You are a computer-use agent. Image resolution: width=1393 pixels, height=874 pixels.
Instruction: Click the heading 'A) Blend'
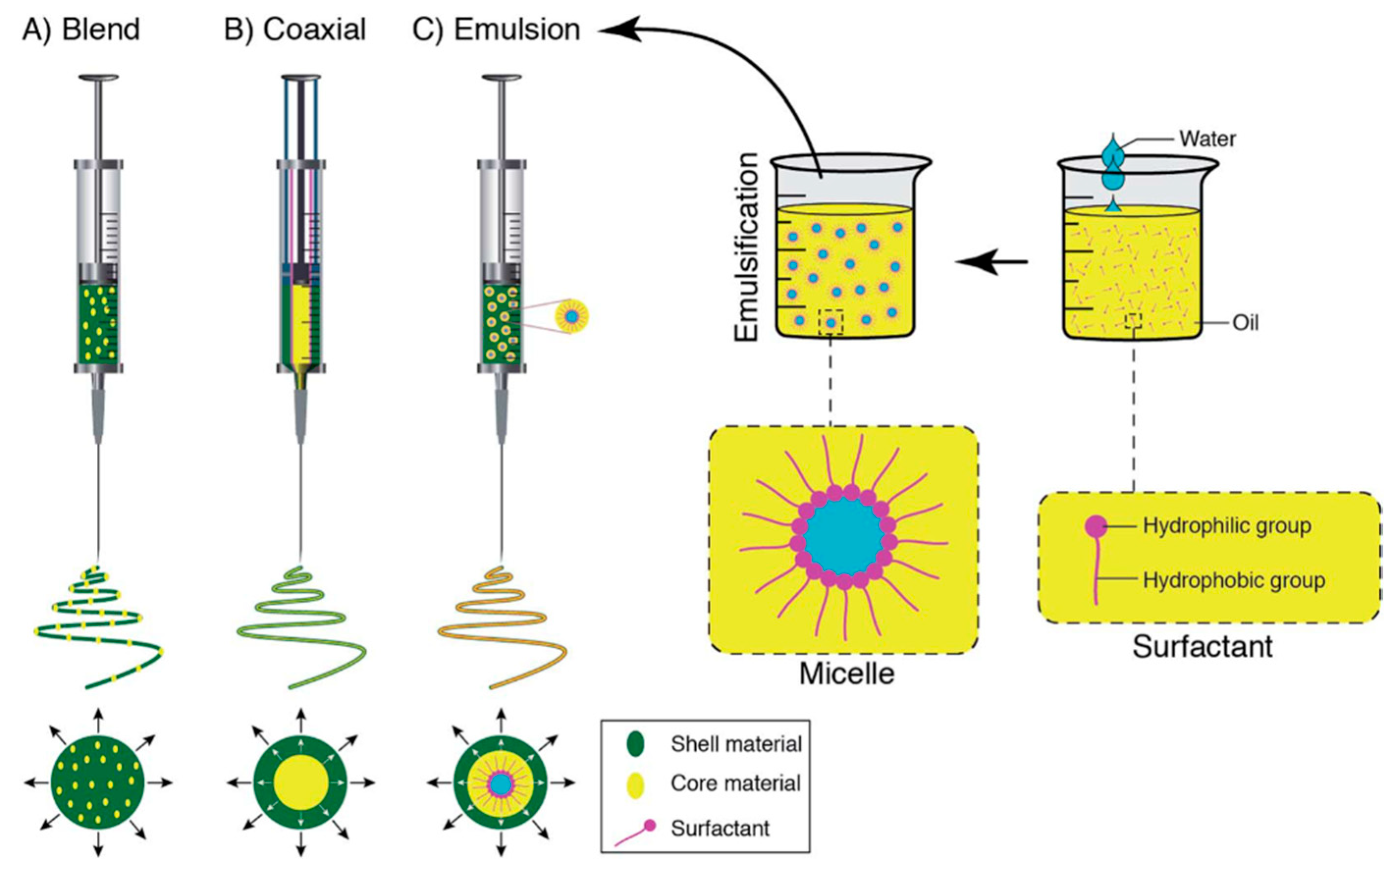tap(81, 29)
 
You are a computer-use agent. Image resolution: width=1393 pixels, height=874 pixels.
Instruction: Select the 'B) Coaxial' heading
tap(295, 29)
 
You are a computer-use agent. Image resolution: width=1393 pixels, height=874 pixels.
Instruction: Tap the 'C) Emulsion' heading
tap(497, 29)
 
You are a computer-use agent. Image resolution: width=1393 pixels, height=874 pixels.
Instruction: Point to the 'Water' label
tap(1208, 139)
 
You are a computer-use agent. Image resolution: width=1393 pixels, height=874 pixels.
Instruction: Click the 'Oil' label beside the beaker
tap(1246, 322)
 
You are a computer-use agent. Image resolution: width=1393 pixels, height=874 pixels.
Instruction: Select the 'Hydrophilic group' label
tap(1227, 526)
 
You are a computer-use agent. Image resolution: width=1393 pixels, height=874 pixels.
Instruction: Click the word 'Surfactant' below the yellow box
tap(1202, 647)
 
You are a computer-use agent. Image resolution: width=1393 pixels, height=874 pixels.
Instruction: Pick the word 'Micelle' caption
tap(847, 673)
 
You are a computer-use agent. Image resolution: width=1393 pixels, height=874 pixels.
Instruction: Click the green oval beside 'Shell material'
tap(635, 744)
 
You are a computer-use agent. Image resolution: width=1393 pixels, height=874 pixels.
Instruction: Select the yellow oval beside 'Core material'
tap(635, 784)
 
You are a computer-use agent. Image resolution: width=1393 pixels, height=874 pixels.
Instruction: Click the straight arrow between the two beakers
tap(991, 262)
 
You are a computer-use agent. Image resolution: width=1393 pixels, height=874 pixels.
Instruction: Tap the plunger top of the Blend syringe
tap(99, 78)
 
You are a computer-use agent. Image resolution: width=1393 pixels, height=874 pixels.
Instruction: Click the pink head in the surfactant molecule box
tap(1095, 526)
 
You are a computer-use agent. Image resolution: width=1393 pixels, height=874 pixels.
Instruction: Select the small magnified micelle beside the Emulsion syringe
tap(571, 316)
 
